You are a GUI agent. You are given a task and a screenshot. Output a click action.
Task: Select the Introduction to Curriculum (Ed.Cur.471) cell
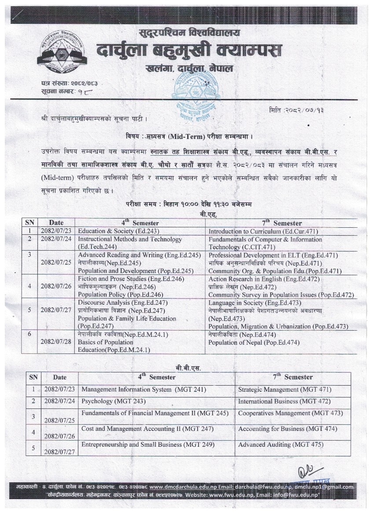[263, 231]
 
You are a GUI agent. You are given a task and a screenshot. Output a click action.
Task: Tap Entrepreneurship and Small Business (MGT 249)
[148, 445]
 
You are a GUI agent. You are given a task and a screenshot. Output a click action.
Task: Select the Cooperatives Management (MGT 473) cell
[290, 413]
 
